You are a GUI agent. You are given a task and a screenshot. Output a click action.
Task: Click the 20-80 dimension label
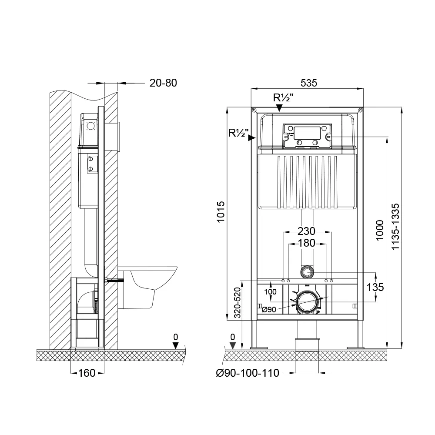(x=163, y=83)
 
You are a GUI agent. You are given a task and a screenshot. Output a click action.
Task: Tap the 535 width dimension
(x=308, y=83)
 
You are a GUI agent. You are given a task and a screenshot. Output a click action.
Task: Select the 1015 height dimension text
(x=221, y=212)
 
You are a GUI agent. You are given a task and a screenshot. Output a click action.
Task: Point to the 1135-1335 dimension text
(x=395, y=227)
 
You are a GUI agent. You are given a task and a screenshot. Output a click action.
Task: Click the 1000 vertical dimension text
(x=379, y=230)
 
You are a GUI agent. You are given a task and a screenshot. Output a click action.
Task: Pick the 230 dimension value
(x=307, y=231)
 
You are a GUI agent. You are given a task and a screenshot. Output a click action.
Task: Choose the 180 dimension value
(x=307, y=243)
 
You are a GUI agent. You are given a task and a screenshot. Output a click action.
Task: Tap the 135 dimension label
(x=375, y=287)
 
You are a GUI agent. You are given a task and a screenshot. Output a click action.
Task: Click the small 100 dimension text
(x=270, y=292)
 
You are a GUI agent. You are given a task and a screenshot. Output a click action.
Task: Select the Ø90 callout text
(x=269, y=309)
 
